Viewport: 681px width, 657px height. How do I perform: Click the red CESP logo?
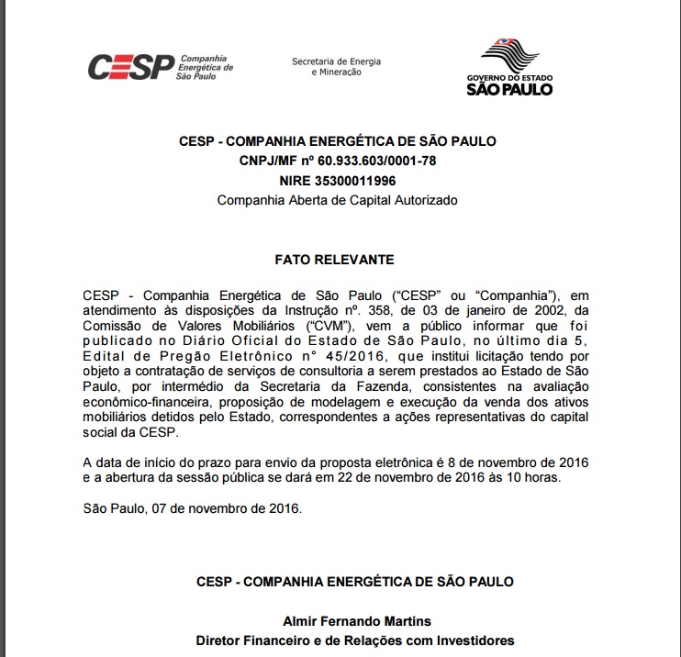tap(130, 67)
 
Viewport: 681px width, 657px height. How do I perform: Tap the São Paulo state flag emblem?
tap(508, 54)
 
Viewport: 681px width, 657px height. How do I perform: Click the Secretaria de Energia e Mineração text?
tap(336, 67)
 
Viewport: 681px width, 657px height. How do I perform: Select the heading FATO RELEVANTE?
tap(337, 260)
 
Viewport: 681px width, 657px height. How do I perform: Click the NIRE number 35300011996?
tap(364, 181)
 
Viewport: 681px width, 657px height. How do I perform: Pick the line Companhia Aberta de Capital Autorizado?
tap(337, 200)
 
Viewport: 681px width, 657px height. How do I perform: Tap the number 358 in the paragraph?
tap(383, 310)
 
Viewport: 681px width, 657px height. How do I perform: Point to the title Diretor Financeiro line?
tap(355, 640)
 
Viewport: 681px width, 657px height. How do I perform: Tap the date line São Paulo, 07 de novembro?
tap(192, 507)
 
